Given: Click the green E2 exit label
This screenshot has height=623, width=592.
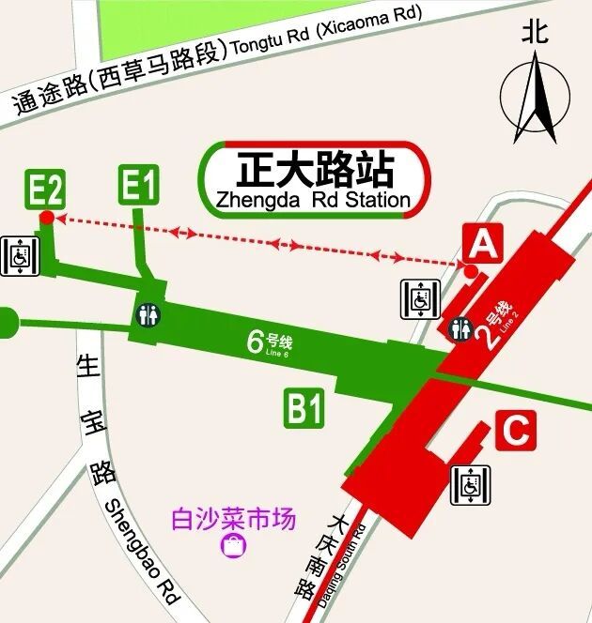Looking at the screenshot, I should click(x=45, y=189).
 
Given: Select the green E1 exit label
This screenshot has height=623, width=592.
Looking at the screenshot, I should click(x=137, y=185).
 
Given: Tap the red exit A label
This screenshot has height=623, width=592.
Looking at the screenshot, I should click(x=481, y=244).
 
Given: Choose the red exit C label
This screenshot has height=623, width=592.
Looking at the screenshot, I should click(x=515, y=431).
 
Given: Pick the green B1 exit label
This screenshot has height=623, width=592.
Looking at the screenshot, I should click(x=305, y=409).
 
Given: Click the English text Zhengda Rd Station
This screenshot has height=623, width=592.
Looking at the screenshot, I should click(x=314, y=200).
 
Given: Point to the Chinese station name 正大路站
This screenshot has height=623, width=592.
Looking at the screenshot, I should click(x=314, y=170).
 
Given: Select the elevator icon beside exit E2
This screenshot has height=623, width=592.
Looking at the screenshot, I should click(x=19, y=256).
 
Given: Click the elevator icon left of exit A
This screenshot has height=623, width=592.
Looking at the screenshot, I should click(x=420, y=299).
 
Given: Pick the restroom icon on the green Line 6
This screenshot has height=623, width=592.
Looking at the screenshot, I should click(x=148, y=314).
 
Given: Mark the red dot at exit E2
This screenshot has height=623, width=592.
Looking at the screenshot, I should click(x=46, y=218).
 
